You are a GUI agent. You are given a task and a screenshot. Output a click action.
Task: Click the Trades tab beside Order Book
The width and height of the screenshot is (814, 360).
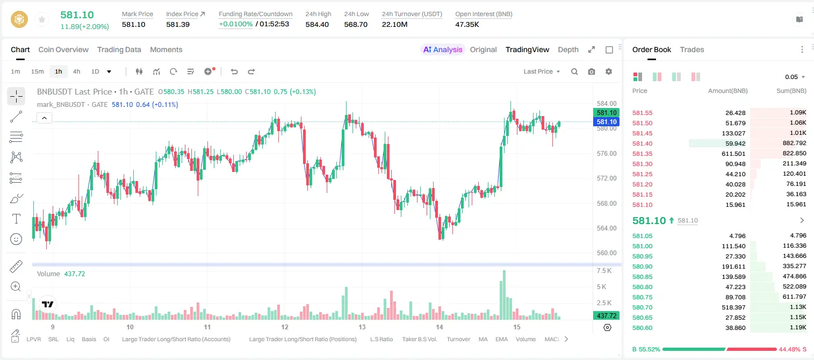(691, 49)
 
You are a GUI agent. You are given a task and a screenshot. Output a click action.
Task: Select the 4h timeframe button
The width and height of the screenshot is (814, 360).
(76, 71)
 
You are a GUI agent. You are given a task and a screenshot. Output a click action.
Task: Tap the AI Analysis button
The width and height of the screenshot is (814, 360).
(443, 49)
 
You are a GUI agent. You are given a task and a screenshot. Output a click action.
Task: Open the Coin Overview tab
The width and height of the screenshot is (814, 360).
(63, 49)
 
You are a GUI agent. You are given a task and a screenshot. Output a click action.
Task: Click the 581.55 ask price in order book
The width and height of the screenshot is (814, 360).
(642, 113)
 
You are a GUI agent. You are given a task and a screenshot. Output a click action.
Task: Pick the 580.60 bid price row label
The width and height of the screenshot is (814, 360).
(642, 328)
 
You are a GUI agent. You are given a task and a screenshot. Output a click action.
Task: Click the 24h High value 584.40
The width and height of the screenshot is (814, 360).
(317, 24)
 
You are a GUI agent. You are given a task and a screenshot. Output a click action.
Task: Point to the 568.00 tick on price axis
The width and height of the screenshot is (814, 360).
(607, 204)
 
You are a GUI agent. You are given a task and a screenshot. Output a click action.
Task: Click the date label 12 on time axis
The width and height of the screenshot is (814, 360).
(285, 327)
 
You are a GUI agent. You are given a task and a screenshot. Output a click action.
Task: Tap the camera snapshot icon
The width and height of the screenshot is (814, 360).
(592, 71)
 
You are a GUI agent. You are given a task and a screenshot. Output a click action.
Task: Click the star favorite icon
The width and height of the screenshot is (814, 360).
(42, 19)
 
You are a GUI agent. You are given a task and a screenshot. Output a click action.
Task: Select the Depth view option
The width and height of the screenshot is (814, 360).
(568, 49)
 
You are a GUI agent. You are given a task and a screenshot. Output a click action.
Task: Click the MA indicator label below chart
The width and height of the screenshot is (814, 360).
(483, 339)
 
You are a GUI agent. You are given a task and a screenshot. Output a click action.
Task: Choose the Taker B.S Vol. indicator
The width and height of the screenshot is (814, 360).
(419, 339)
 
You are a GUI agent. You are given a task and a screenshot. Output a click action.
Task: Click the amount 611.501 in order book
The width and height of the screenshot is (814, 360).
(733, 154)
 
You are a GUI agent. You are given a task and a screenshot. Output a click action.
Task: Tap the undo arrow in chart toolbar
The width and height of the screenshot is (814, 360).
(234, 71)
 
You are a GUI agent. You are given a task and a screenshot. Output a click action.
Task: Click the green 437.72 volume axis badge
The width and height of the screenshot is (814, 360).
(606, 316)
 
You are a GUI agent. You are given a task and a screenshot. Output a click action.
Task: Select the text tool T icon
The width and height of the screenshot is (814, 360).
(16, 219)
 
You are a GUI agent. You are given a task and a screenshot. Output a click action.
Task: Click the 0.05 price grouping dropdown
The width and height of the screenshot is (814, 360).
(795, 77)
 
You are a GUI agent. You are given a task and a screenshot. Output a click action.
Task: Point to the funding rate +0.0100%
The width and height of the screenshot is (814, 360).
(235, 24)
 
